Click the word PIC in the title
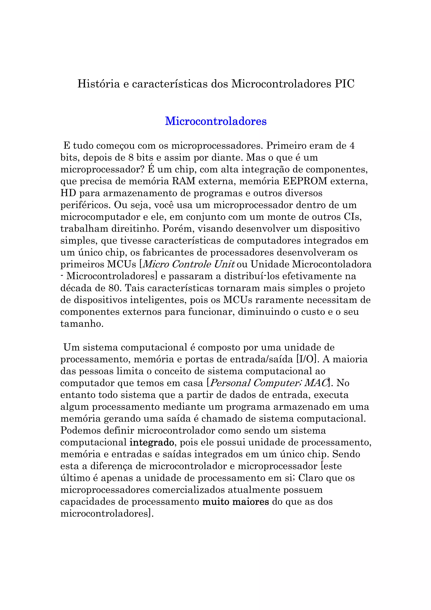pyautogui.click(x=345, y=84)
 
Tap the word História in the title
pyautogui.click(x=98, y=84)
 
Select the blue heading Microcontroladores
pyautogui.click(x=216, y=121)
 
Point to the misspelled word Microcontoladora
pyautogui.click(x=332, y=264)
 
